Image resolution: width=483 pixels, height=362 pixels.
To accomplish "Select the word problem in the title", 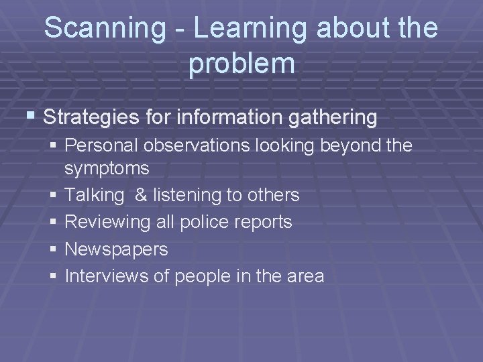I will pyautogui.click(x=241, y=63).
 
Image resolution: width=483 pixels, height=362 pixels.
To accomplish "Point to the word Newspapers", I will pyautogui.click(x=116, y=250).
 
